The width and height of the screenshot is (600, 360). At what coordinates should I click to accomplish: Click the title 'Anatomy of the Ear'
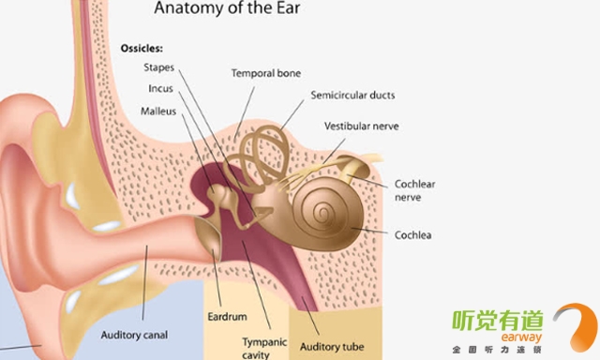tap(227, 8)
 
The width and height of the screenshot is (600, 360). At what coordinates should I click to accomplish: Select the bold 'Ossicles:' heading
tap(142, 48)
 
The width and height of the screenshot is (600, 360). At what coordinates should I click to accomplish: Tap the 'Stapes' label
tap(158, 67)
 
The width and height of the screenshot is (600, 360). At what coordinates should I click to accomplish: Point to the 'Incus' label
tap(160, 88)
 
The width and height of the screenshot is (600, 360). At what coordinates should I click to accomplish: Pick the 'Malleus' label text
tap(158, 111)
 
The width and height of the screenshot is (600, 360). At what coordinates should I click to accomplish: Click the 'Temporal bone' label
tap(266, 73)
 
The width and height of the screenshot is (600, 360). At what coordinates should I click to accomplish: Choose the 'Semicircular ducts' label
tap(352, 95)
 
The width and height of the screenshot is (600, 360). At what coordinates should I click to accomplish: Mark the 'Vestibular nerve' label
tap(362, 126)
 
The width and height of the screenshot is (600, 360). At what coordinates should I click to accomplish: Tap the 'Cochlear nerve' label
tap(414, 190)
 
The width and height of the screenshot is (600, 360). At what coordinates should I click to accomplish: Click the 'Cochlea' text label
tap(412, 235)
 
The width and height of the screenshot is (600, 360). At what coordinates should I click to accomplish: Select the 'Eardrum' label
tap(227, 316)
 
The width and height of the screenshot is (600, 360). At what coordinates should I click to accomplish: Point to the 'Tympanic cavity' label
tap(264, 348)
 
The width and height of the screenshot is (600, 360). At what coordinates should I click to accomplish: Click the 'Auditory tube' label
tap(332, 347)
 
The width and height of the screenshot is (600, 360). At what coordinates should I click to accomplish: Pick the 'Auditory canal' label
tap(134, 335)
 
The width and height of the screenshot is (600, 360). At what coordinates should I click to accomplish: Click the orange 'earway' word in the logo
tap(521, 337)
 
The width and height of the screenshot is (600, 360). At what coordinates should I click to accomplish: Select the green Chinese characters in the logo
tap(498, 321)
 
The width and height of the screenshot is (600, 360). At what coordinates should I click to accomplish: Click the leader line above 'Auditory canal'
tap(144, 283)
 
